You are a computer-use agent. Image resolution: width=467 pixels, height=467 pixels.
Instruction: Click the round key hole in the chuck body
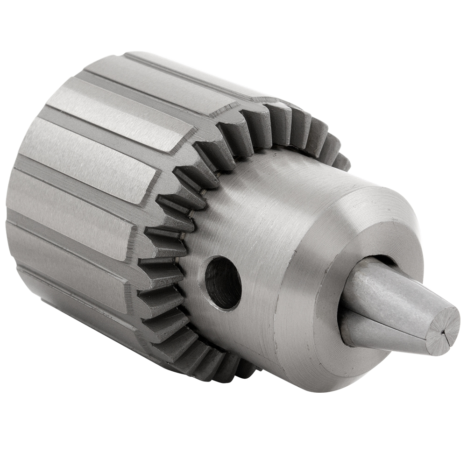coord(223,283)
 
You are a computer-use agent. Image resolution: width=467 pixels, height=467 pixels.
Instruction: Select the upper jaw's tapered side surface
coord(392,292)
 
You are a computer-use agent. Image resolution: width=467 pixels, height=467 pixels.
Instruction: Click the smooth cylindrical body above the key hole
coord(262,210)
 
